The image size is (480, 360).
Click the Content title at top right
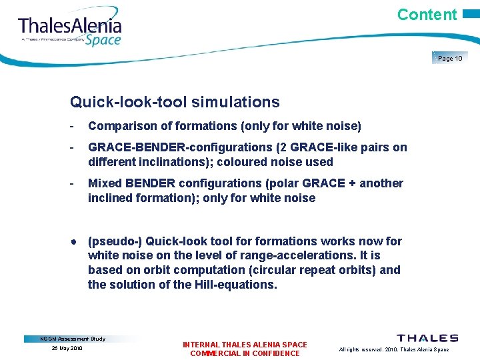427,15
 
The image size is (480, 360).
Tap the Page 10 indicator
450,59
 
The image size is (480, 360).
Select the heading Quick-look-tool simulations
175,102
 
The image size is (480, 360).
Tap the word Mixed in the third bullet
104,183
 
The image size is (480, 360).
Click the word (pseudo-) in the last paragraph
115,241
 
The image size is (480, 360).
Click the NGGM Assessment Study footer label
73,339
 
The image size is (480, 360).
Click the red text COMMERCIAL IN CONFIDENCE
245,353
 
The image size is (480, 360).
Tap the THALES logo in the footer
427,339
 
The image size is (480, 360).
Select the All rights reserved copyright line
394,349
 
